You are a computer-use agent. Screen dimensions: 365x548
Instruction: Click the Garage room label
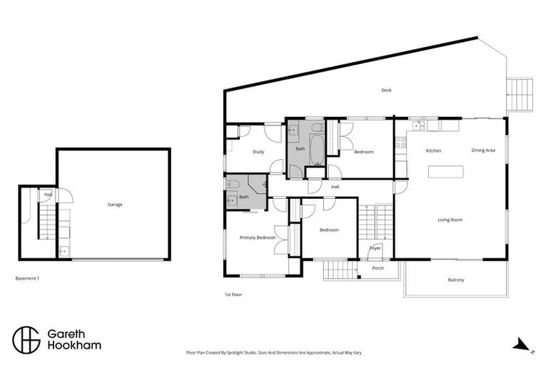coord(115,205)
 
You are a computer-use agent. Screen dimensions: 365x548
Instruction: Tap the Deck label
coord(386,91)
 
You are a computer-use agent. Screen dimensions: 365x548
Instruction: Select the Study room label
coord(258,152)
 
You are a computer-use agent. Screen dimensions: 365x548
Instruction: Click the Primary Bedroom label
coord(258,237)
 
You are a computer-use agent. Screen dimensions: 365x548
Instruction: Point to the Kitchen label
coord(433,150)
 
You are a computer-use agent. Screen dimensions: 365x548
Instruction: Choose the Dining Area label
coord(483,150)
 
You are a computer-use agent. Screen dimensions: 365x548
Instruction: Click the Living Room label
coord(450,220)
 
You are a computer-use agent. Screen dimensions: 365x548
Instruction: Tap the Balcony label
coord(456,279)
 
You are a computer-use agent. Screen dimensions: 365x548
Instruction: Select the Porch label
coord(378,268)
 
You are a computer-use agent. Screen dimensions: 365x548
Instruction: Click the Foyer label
coord(375,248)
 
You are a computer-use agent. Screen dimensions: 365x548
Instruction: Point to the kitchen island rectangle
coord(445,172)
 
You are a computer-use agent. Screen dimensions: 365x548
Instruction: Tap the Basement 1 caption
coord(27,278)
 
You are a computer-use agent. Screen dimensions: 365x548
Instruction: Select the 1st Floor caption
coord(233,294)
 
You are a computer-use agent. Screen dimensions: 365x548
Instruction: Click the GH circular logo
coord(26,339)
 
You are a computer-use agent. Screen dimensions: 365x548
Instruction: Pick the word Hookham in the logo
coord(73,346)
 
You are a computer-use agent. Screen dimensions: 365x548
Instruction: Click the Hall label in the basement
coord(48,194)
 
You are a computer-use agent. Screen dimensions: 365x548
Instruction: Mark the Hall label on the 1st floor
coord(335,187)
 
